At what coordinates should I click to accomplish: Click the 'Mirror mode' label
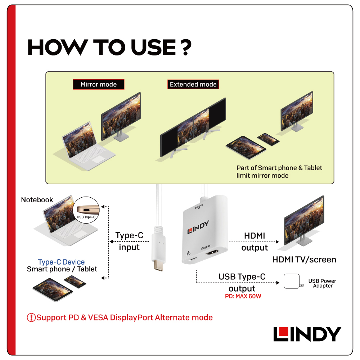(99, 84)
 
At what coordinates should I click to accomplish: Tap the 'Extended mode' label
(193, 84)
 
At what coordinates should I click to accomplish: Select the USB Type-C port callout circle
(86, 210)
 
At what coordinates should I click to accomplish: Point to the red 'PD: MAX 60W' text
(243, 296)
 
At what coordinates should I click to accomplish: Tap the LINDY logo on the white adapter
(198, 227)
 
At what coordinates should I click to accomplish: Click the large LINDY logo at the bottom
(307, 334)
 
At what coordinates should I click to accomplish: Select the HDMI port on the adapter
(212, 252)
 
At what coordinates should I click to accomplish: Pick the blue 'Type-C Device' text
(61, 262)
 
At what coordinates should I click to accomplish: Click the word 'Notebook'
(37, 200)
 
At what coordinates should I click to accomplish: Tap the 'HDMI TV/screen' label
(304, 260)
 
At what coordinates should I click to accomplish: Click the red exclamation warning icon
(31, 318)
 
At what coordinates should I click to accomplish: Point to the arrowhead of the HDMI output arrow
(277, 242)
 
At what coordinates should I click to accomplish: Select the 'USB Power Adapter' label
(322, 283)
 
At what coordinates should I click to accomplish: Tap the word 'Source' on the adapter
(199, 206)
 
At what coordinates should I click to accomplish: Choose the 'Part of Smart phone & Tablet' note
(279, 168)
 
